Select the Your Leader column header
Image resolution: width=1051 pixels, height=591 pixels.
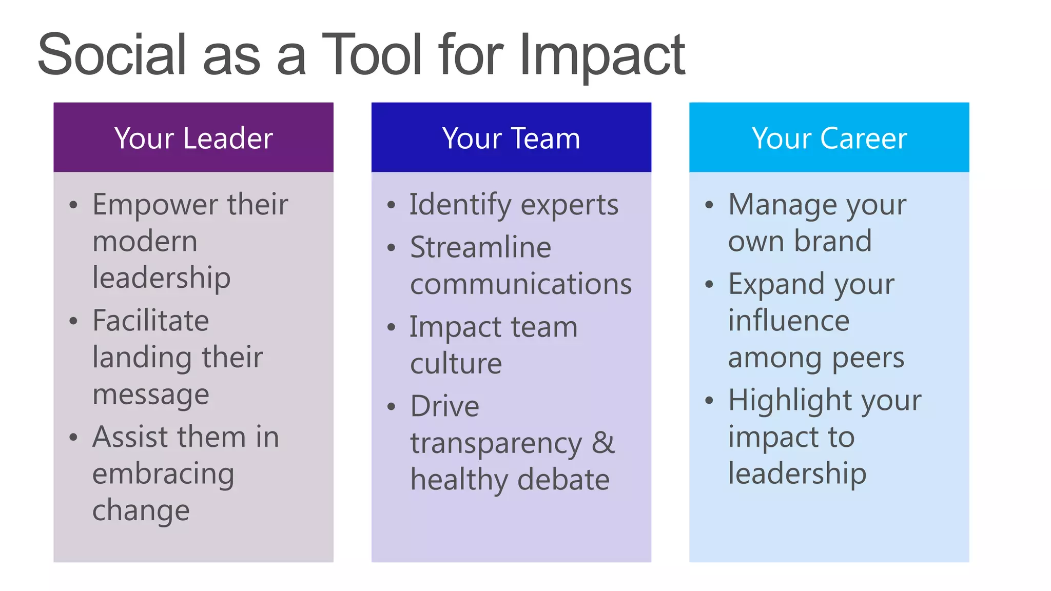click(x=193, y=138)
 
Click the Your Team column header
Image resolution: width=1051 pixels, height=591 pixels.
click(x=511, y=138)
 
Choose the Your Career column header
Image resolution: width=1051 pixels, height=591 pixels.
click(x=829, y=138)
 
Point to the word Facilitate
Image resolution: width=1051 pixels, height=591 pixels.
click(x=150, y=321)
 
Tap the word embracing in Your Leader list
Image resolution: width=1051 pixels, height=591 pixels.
click(x=163, y=474)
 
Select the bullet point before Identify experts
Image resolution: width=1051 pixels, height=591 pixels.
click(x=392, y=205)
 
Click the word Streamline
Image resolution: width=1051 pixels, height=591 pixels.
click(x=480, y=247)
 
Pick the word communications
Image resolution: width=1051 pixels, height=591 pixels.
click(x=521, y=284)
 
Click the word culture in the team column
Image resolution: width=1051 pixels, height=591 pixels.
click(x=456, y=364)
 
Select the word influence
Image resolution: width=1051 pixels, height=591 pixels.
click(x=789, y=321)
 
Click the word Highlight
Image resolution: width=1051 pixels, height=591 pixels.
click(x=790, y=400)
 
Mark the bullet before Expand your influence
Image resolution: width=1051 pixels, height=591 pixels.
click(x=709, y=284)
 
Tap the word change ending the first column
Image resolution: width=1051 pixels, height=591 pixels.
click(x=141, y=511)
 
